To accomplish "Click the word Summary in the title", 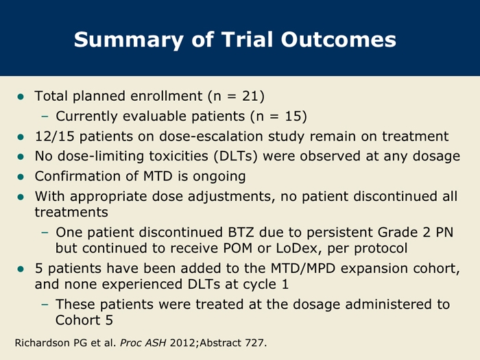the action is (x=129, y=40).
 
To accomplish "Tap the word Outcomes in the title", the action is (x=339, y=40).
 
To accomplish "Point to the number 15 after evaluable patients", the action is (x=293, y=117).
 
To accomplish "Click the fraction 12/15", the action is (x=54, y=136).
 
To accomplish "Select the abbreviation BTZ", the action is (x=241, y=232).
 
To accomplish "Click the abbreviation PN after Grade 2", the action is (x=444, y=232).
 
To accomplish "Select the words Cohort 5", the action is (x=84, y=320).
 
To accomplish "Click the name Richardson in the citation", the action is (x=43, y=343).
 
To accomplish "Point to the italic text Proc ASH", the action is (x=143, y=343).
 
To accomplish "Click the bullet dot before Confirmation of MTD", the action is (x=21, y=177).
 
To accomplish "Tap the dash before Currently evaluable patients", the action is (x=45, y=117).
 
